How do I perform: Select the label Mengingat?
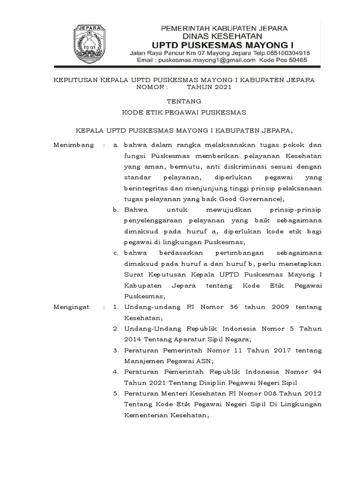(73, 307)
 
